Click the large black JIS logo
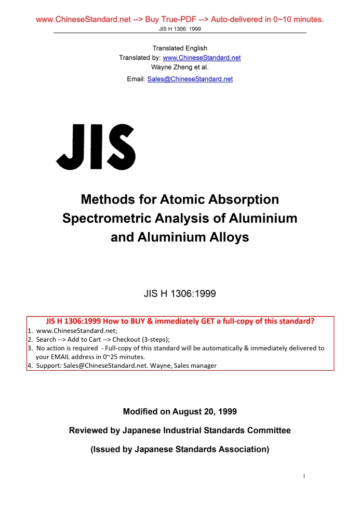click(96, 146)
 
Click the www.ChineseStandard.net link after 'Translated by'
click(202, 58)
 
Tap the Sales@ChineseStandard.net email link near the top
click(190, 79)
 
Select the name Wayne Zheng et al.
click(179, 67)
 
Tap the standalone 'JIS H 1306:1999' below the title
click(180, 293)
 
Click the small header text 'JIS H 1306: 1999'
click(180, 29)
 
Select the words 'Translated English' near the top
click(180, 48)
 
